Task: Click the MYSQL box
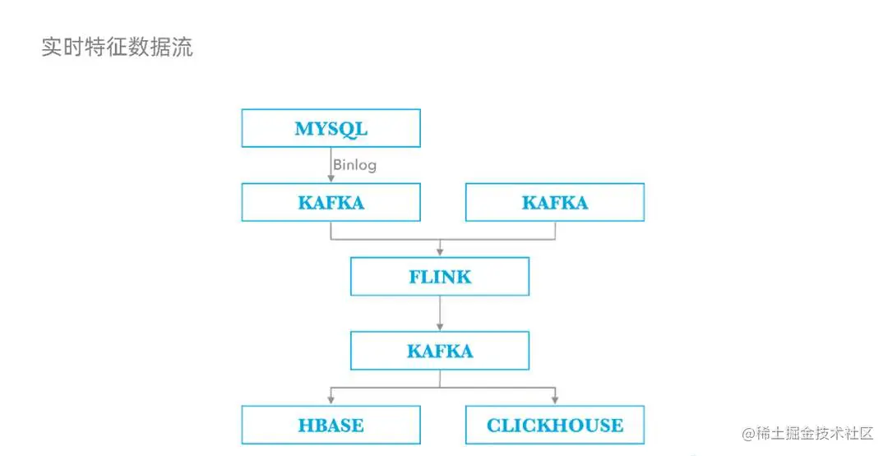[331, 128]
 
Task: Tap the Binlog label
[354, 165]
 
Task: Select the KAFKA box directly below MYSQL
[331, 202]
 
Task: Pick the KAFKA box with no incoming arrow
[554, 202]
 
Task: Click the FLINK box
[440, 277]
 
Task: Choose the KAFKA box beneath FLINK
[440, 351]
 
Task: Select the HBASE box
[331, 425]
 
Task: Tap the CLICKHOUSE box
[554, 425]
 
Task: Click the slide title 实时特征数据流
[117, 47]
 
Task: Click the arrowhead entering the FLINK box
[440, 251]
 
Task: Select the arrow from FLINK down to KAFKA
[440, 313]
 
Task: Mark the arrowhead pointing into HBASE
[331, 400]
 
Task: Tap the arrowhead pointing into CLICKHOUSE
[554, 400]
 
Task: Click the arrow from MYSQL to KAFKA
[331, 164]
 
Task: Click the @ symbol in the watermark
[748, 433]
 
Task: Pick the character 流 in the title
[183, 47]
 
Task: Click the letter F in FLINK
[415, 277]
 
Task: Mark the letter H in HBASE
[304, 425]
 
